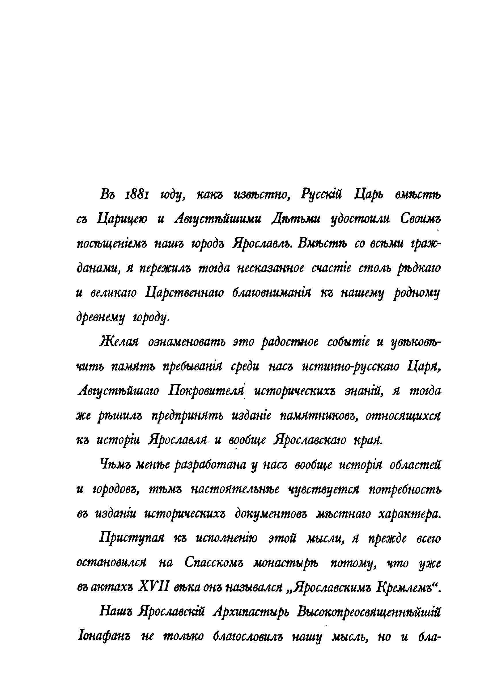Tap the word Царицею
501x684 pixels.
point(122,220)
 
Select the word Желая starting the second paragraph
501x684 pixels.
point(119,343)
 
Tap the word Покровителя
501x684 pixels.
point(206,392)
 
